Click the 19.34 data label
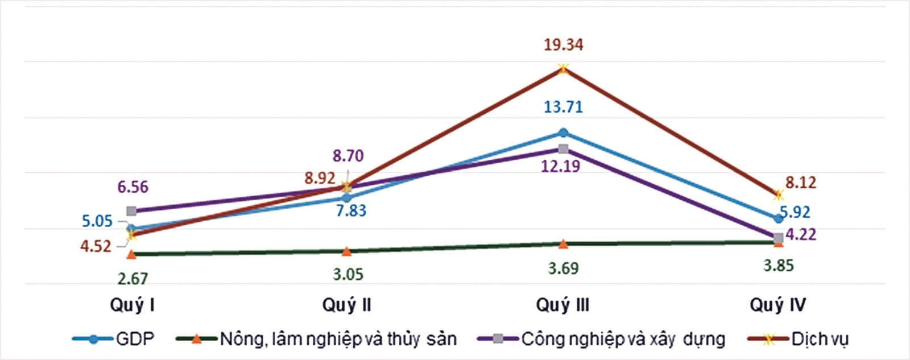pos(563,44)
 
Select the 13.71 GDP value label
pos(563,106)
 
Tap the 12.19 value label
pos(561,166)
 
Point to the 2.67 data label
pos(133,279)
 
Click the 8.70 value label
pos(348,156)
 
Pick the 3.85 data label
pos(778,266)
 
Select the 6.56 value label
pos(133,187)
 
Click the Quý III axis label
pos(562,305)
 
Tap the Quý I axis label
pos(132,305)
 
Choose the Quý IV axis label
pos(777,305)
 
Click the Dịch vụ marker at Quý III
pos(563,69)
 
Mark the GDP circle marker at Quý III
pos(563,133)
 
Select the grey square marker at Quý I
pos(131,211)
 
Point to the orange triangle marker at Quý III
pos(563,244)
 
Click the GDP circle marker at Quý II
pos(346,198)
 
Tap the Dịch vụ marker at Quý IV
pos(778,195)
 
